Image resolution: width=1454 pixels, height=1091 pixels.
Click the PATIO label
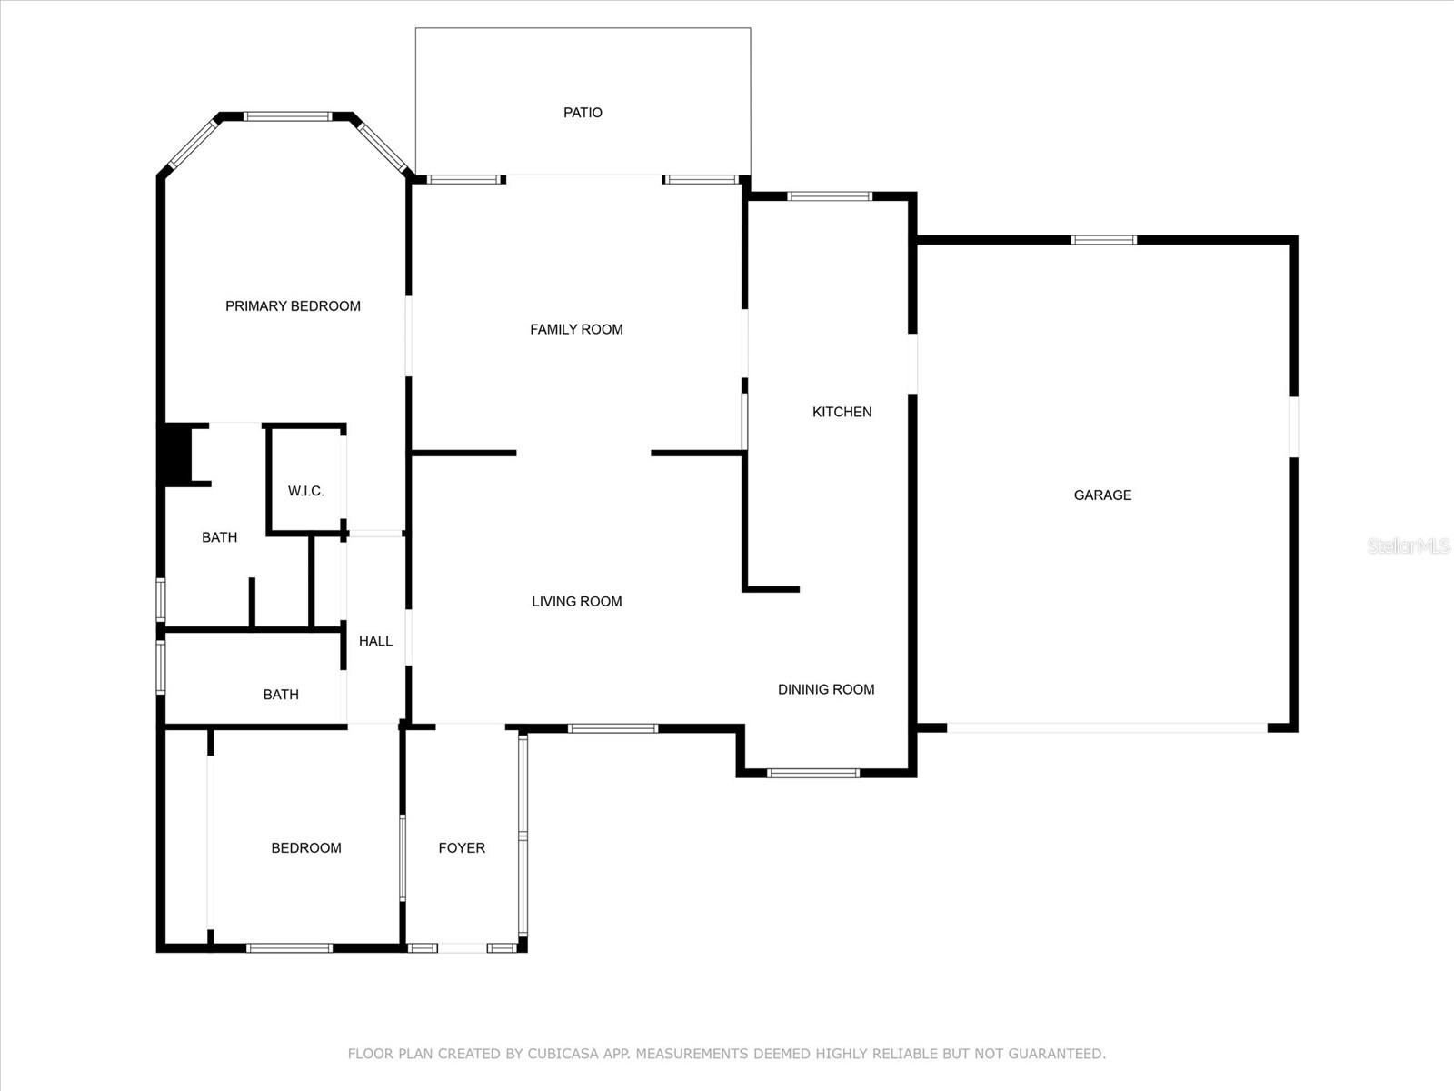pos(583,113)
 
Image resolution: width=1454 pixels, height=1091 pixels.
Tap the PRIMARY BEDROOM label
pos(293,306)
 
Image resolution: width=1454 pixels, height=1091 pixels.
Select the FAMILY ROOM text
pos(576,329)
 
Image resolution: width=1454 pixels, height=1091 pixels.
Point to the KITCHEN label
pos(842,412)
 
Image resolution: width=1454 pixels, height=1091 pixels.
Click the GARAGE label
pos(1102,495)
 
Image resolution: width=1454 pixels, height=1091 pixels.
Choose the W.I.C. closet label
pos(305,491)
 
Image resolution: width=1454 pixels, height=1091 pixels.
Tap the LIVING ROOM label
pos(576,602)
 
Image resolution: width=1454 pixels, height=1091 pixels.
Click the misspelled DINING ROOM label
pos(825,689)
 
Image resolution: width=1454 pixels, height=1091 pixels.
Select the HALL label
pos(375,641)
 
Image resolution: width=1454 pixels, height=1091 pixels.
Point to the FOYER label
pos(462,848)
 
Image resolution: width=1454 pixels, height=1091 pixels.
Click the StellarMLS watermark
pos(1409,545)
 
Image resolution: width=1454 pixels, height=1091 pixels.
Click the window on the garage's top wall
pos(1103,240)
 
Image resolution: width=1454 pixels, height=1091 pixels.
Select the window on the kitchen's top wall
pos(830,196)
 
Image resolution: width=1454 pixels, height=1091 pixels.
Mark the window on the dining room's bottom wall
pos(812,773)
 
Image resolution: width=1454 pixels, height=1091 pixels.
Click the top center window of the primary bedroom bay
pos(287,116)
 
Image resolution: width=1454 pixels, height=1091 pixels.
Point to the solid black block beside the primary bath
pos(174,455)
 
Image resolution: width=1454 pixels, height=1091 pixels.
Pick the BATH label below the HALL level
pos(281,695)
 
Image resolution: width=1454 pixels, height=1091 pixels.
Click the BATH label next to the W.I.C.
pos(219,537)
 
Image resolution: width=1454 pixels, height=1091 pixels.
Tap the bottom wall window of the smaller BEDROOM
pos(290,948)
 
